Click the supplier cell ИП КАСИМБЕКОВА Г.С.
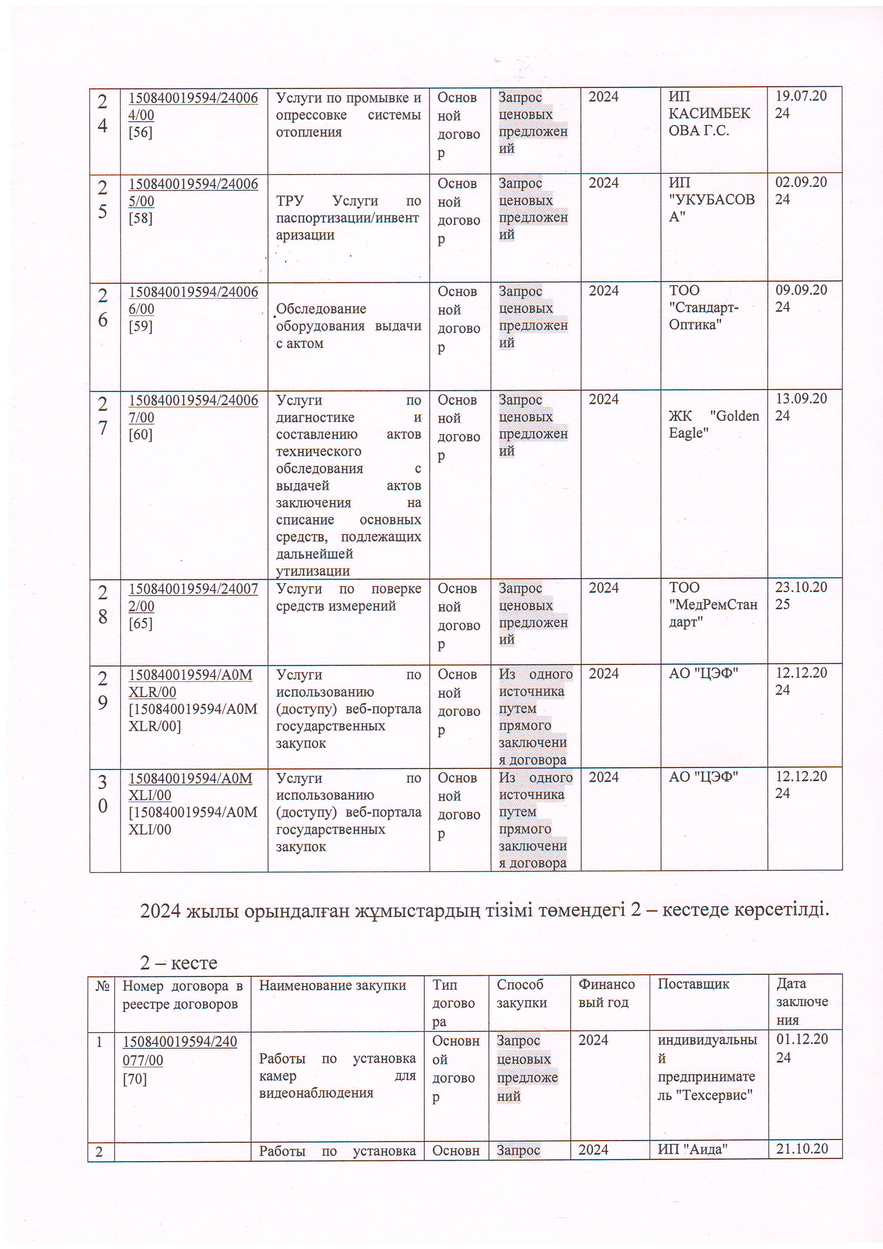(x=709, y=113)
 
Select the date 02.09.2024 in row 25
(x=801, y=190)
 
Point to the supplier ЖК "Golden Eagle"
(x=713, y=424)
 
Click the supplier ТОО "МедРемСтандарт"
(x=713, y=604)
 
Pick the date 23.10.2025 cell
(x=801, y=596)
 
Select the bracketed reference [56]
(x=140, y=132)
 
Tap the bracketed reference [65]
(x=140, y=623)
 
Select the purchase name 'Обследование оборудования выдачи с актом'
(x=348, y=326)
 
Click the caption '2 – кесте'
(x=178, y=962)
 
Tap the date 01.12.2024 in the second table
(x=801, y=1048)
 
